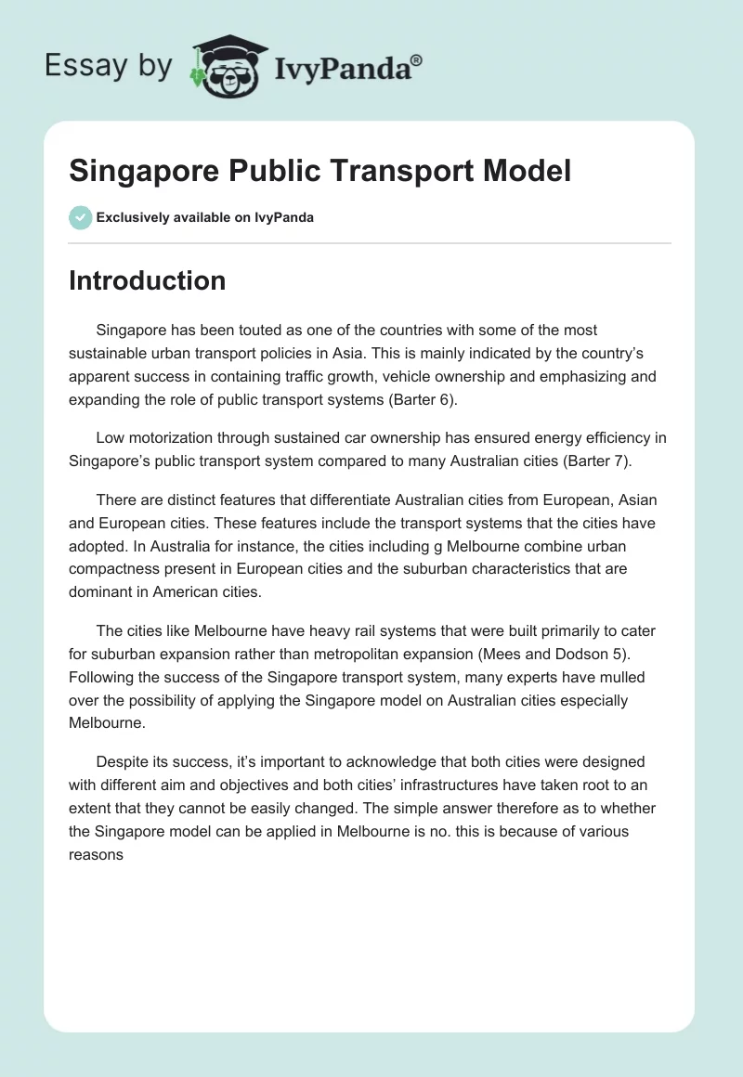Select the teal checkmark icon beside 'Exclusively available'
pos(80,217)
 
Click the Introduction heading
pos(147,280)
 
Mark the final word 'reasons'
pos(96,853)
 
